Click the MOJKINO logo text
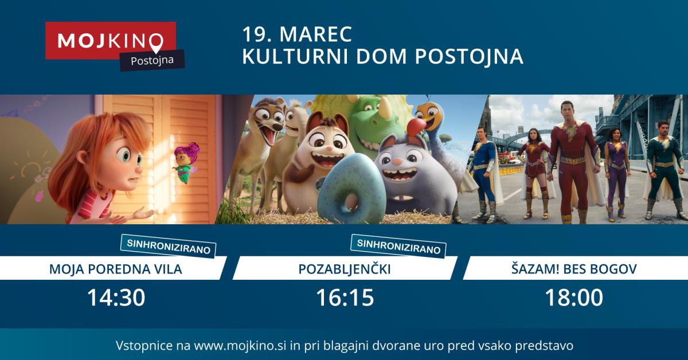point(110,41)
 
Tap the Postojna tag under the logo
point(153,60)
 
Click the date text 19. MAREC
point(297,34)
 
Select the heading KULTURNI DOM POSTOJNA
point(383,56)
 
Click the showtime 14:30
point(116,298)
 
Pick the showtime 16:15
point(345,298)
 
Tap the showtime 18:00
point(574,298)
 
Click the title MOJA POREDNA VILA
point(115,269)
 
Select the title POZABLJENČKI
point(345,269)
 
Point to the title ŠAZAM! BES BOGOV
point(574,269)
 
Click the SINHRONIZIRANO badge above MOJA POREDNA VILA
point(169,246)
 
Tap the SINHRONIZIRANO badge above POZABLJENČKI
point(398,246)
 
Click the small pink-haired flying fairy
point(186,162)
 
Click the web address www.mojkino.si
point(240,345)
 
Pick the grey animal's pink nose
point(397,162)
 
